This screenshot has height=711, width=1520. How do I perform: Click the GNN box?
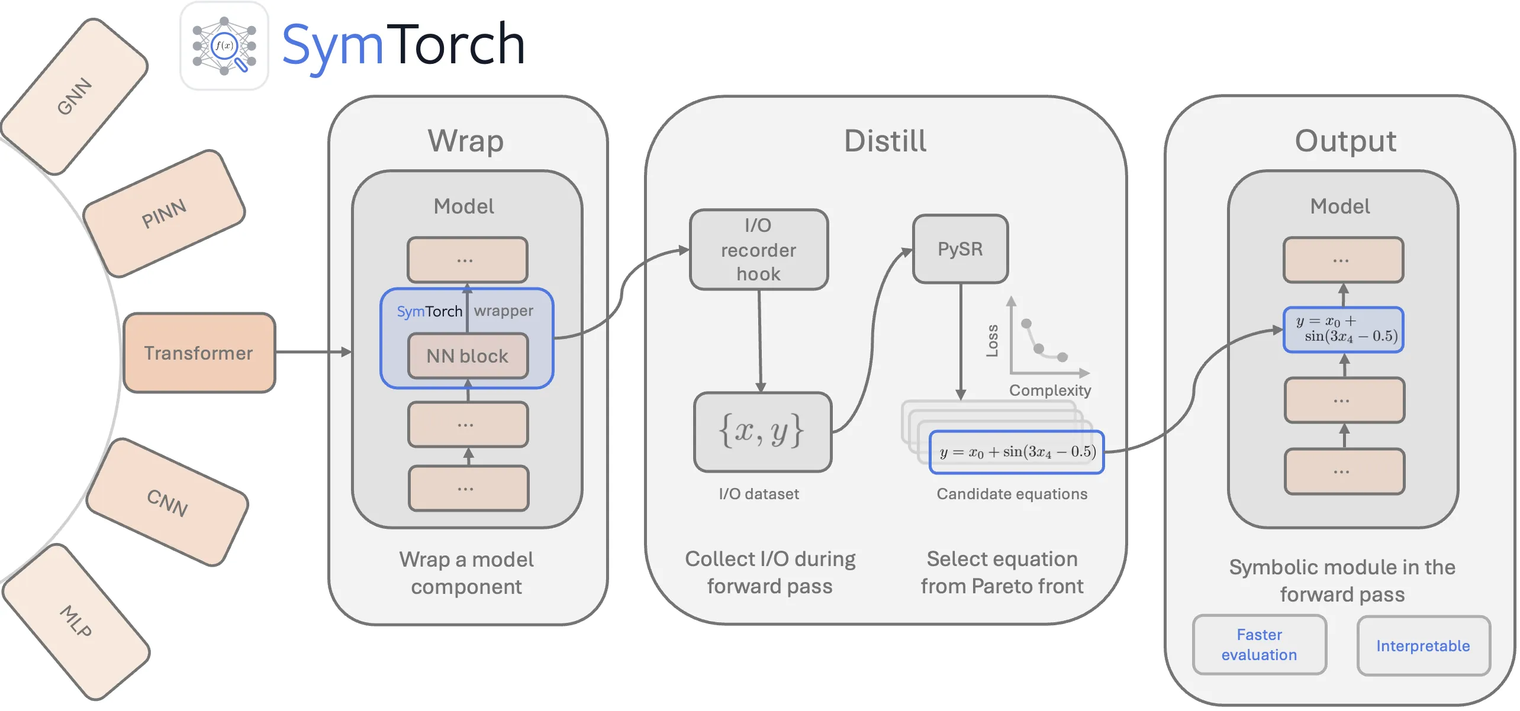pos(75,96)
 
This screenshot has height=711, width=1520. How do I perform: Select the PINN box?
pos(164,214)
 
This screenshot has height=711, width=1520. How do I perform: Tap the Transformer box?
pos(199,353)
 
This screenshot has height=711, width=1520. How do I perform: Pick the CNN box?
pos(168,502)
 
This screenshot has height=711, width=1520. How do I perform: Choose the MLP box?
pos(76,621)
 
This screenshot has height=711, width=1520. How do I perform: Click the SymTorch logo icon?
pos(224,46)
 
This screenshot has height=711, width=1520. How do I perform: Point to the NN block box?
pos(468,356)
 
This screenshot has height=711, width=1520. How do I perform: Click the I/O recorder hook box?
pos(759,250)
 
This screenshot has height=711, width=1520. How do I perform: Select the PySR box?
pos(960,249)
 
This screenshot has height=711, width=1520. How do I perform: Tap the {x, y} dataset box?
pos(762,432)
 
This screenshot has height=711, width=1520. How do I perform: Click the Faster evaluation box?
pos(1259,645)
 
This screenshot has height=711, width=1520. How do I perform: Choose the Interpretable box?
pos(1423,646)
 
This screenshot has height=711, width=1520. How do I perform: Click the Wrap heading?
pos(466,141)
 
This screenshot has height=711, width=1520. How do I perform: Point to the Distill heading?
pos(885,141)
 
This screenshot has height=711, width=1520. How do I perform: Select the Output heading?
pos(1345,141)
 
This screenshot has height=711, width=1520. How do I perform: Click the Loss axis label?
pos(992,341)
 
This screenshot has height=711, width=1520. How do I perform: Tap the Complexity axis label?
pos(1050,390)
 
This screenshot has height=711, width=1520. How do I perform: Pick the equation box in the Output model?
pos(1343,329)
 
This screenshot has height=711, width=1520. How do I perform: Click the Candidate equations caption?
pos(1012,494)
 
